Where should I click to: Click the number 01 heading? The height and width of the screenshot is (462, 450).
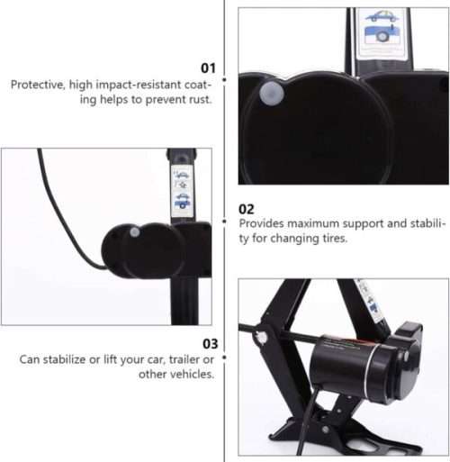[x=207, y=68]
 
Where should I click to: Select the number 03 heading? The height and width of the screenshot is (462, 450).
[x=207, y=343]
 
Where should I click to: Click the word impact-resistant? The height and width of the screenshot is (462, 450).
[x=121, y=85]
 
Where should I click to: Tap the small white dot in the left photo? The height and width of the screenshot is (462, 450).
[x=134, y=232]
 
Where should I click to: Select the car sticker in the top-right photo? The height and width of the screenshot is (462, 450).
[x=382, y=27]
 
